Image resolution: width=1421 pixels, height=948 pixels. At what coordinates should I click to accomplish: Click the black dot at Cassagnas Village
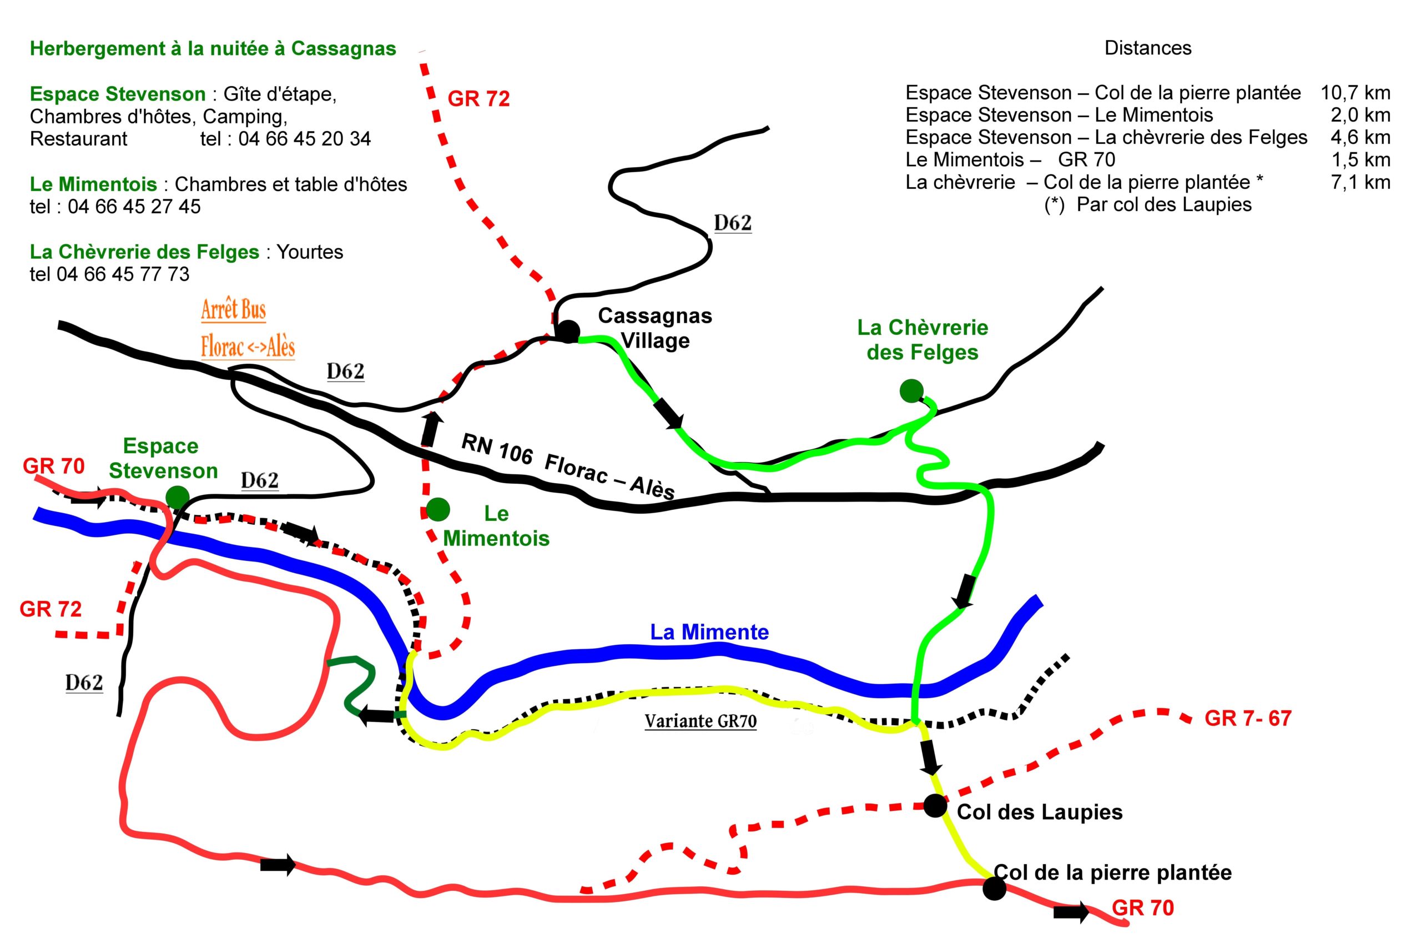tap(567, 332)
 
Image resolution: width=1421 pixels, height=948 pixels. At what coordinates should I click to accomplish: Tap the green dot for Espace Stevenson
tap(177, 497)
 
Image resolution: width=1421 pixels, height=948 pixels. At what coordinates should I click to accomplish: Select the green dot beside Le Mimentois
tap(437, 510)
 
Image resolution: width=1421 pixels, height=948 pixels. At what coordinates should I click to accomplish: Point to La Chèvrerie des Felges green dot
tap(911, 391)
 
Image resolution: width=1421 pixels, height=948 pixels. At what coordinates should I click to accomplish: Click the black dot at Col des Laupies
tap(935, 806)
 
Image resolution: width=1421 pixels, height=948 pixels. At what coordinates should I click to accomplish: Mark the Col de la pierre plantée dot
tap(994, 888)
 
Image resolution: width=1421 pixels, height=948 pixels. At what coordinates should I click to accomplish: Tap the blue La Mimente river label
tap(709, 633)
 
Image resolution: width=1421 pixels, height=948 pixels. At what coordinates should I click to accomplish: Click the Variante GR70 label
tap(700, 721)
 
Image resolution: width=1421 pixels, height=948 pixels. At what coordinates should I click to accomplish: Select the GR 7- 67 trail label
tap(1248, 718)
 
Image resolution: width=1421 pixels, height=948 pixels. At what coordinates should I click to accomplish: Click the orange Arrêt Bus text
tap(233, 309)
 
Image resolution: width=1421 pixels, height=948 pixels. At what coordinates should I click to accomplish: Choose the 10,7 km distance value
tap(1355, 93)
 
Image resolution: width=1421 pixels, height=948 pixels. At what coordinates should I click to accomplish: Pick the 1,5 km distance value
tap(1360, 160)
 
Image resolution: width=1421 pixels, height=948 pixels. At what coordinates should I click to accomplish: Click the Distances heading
tap(1148, 48)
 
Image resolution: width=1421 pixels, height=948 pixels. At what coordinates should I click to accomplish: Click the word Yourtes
tap(309, 252)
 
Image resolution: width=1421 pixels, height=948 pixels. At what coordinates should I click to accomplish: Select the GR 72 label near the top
tap(478, 98)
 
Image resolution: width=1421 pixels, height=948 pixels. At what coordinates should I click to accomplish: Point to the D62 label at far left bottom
tap(84, 683)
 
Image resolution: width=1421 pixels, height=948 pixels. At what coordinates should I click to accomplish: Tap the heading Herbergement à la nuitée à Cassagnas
tap(213, 49)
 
